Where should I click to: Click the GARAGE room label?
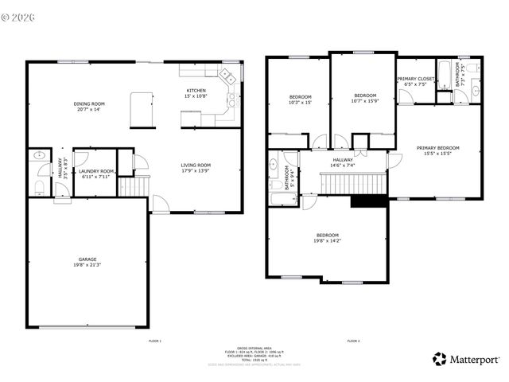tap(87, 262)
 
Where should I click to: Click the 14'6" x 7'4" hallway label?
tap(343, 162)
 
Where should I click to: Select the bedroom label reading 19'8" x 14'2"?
tap(328, 237)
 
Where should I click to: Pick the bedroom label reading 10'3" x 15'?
tap(300, 99)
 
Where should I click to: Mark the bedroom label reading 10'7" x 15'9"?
tap(364, 98)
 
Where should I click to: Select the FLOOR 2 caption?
tap(353, 341)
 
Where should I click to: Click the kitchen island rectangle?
tap(142, 109)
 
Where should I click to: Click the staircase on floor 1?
tap(134, 186)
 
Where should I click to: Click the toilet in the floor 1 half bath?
tap(38, 187)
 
